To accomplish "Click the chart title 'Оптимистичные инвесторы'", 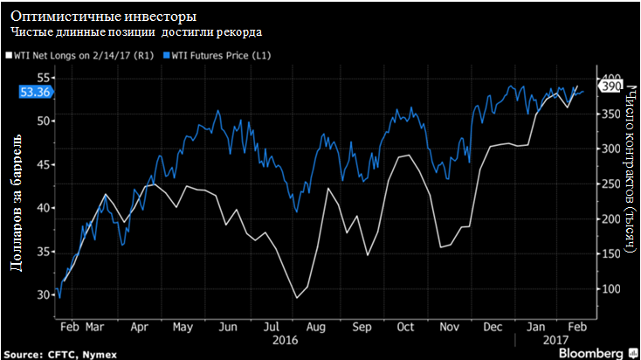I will click(x=103, y=17).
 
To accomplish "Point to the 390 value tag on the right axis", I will click(x=610, y=87).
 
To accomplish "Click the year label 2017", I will click(x=554, y=339).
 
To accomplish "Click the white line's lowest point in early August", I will click(x=297, y=298).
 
